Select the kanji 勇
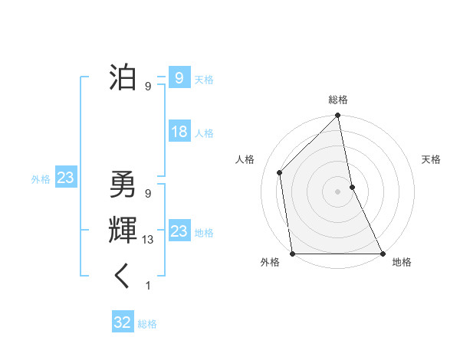point(123,184)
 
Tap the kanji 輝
point(123,230)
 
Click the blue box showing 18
point(179,132)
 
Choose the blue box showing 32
point(123,322)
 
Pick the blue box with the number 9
point(179,77)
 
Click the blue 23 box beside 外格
point(65,178)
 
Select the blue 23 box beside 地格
point(179,231)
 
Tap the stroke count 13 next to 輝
point(148,240)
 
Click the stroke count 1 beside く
point(148,286)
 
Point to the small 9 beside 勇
point(148,194)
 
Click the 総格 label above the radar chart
point(338,100)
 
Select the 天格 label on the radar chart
point(431,159)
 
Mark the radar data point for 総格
point(338,116)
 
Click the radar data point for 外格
point(292,254)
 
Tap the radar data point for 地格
point(383,254)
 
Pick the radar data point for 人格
point(280,172)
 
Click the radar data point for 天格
point(352,187)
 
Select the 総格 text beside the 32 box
point(147,324)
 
